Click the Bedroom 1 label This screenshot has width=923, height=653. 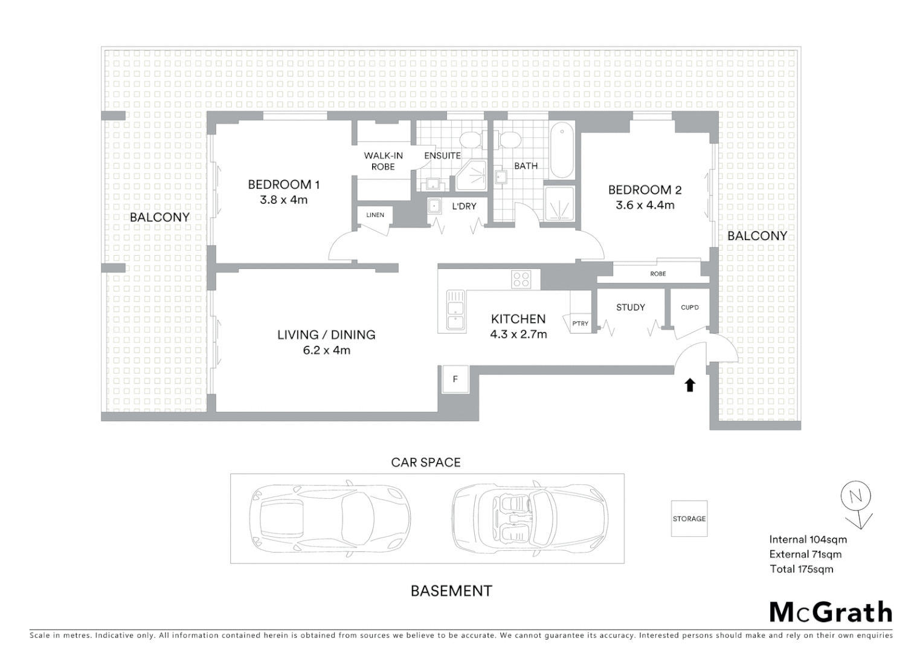pyautogui.click(x=283, y=184)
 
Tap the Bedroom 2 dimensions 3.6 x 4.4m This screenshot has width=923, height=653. pyautogui.click(x=645, y=205)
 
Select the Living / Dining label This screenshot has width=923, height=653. pyautogui.click(x=326, y=334)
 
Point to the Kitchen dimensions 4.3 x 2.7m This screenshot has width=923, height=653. pyautogui.click(x=518, y=334)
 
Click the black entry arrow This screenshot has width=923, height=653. pyautogui.click(x=690, y=385)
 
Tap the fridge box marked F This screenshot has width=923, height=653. pyautogui.click(x=455, y=380)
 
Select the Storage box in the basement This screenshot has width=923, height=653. pyautogui.click(x=689, y=519)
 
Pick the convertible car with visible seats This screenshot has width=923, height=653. pyautogui.click(x=530, y=518)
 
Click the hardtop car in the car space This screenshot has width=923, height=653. pyautogui.click(x=329, y=518)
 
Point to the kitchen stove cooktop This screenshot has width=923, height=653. pyautogui.click(x=521, y=279)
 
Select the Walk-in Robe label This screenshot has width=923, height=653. pyautogui.click(x=383, y=161)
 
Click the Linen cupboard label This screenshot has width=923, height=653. pyautogui.click(x=375, y=215)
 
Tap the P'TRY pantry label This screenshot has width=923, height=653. pyautogui.click(x=580, y=323)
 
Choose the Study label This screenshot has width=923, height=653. pyautogui.click(x=630, y=307)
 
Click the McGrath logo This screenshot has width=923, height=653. pyautogui.click(x=831, y=612)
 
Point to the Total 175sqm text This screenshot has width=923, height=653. pyautogui.click(x=801, y=569)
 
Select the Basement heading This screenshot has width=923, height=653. pyautogui.click(x=451, y=591)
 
